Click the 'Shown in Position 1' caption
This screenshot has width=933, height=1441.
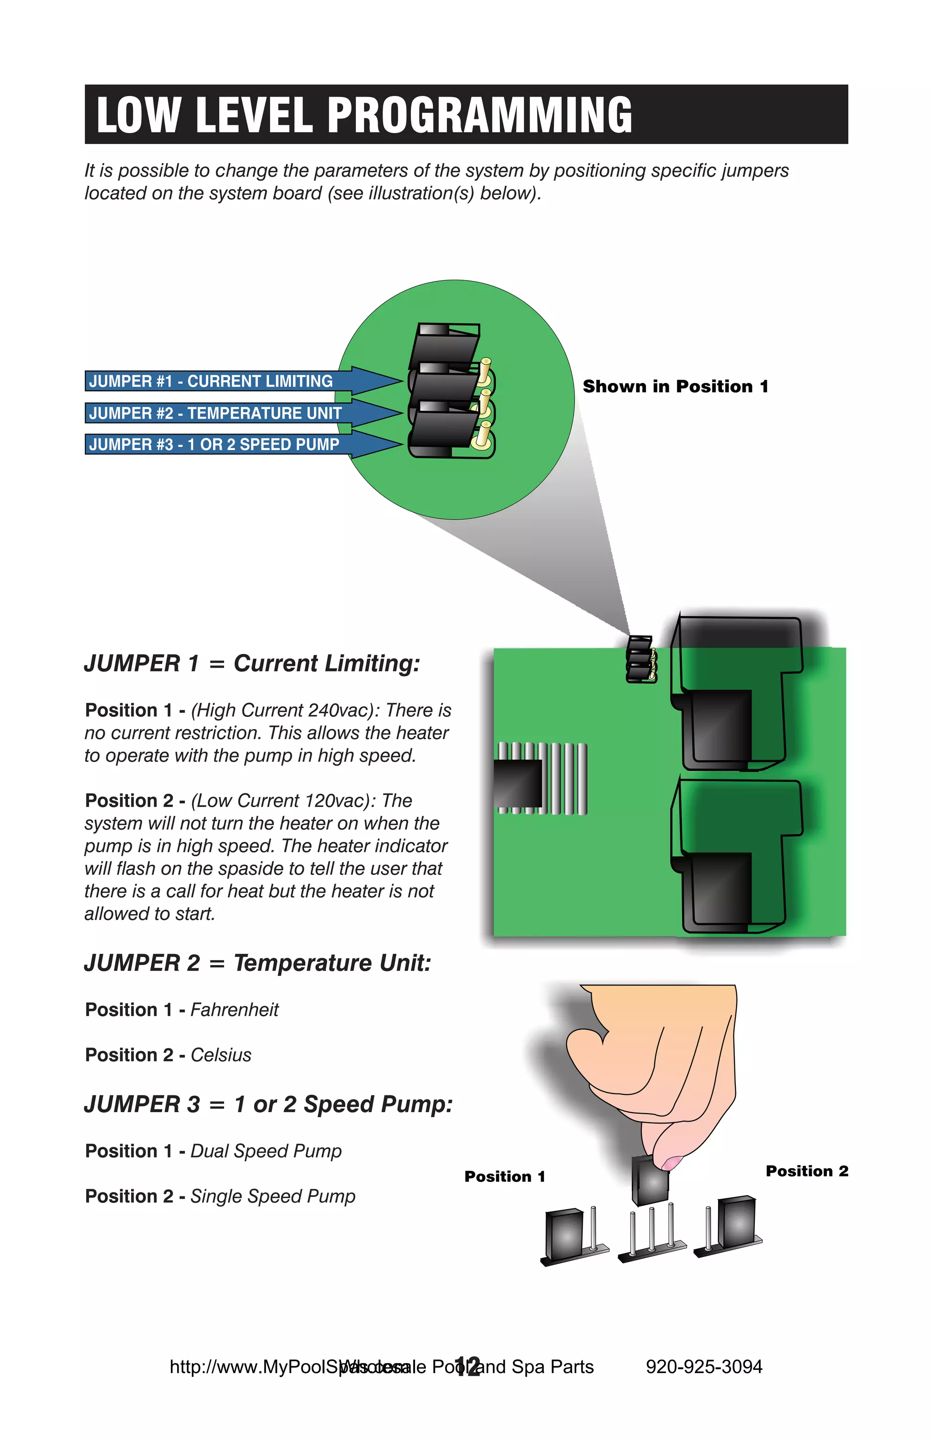(x=675, y=386)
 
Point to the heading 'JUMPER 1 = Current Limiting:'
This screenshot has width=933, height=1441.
(x=252, y=664)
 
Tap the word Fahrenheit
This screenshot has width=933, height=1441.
(x=234, y=1010)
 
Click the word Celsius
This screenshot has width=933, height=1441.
(x=221, y=1055)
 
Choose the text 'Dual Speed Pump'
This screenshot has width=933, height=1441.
(x=266, y=1151)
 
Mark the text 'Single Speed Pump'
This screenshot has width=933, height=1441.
(x=272, y=1196)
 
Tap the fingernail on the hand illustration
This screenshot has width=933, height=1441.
(x=671, y=1162)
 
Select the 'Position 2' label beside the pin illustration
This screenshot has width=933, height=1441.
(x=806, y=1171)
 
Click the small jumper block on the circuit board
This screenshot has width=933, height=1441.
(x=641, y=659)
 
